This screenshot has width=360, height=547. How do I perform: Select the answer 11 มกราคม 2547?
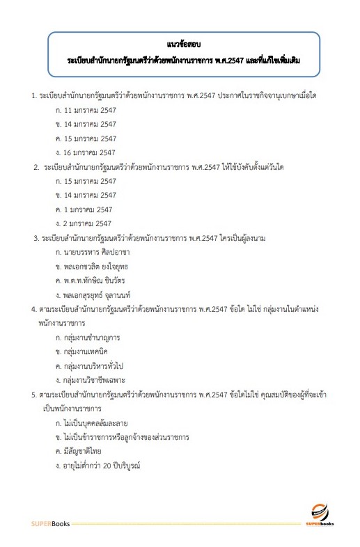[91, 110]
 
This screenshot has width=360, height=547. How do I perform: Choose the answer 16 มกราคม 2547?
[91, 152]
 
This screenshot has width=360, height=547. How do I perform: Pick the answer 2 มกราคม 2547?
[88, 223]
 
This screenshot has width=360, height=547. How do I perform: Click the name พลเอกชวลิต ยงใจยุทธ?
[99, 266]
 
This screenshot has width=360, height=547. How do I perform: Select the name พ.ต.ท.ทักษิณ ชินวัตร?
[97, 280]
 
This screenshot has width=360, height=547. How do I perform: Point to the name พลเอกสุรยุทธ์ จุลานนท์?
[102, 295]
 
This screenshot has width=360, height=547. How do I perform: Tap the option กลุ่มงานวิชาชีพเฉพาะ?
[96, 380]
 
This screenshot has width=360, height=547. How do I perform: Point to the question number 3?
[36, 238]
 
